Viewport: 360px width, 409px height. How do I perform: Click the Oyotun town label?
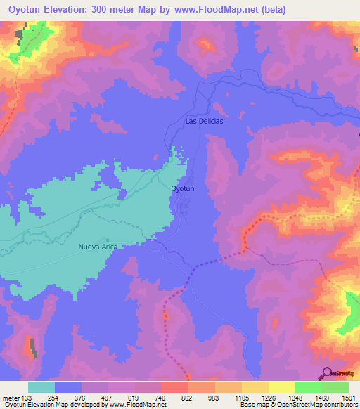pos(182,189)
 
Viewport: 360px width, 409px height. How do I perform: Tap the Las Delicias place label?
pos(204,121)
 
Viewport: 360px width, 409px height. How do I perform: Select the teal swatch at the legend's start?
pos(41,387)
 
